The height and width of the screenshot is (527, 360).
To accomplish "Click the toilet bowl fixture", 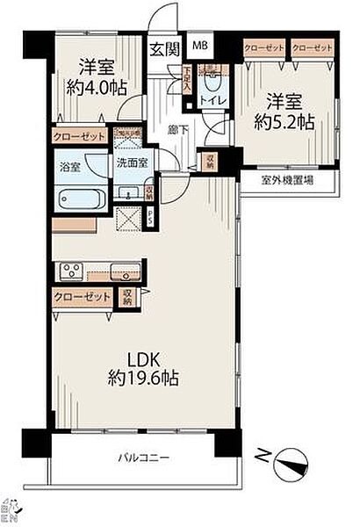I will (x=211, y=81).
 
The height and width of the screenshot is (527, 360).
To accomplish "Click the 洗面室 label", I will (x=131, y=163).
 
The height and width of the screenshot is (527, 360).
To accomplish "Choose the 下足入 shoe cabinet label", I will (x=187, y=82).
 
